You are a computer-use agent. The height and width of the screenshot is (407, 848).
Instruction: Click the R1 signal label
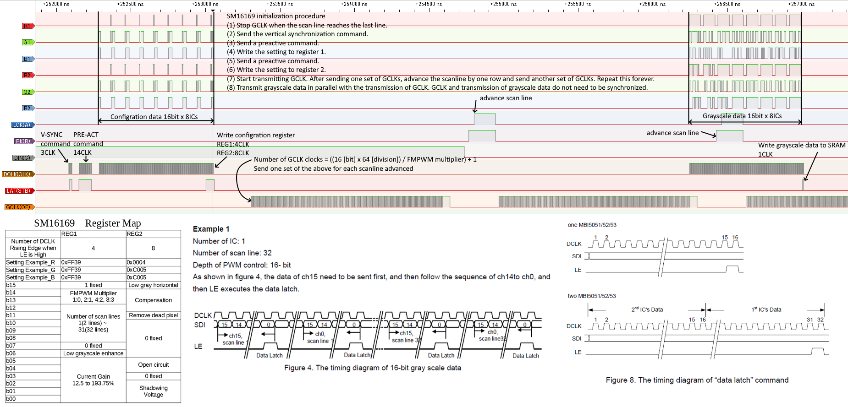[28, 26]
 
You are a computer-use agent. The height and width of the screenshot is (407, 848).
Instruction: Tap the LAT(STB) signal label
[19, 191]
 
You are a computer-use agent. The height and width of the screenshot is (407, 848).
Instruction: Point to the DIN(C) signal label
[22, 158]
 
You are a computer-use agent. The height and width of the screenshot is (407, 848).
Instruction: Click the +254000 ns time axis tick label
[354, 4]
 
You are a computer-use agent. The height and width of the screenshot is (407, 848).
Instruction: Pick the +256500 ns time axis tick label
[727, 4]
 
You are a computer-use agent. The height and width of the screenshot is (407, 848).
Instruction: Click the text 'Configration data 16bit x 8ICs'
[154, 117]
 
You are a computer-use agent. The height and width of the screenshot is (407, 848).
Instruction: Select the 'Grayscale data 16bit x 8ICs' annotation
[742, 116]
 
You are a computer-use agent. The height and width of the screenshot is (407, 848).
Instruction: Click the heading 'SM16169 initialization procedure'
[276, 16]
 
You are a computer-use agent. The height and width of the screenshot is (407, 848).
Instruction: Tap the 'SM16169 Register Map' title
[88, 223]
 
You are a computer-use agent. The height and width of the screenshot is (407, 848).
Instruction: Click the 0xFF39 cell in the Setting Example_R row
[71, 262]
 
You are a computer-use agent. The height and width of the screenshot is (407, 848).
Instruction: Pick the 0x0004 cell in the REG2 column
[136, 262]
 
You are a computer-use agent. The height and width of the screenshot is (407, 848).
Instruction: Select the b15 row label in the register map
[11, 285]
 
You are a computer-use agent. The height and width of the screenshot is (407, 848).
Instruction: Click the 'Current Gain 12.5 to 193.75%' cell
[94, 380]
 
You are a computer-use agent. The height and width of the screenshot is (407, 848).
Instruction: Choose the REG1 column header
[69, 233]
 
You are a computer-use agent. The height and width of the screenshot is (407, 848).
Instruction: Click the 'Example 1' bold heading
[211, 229]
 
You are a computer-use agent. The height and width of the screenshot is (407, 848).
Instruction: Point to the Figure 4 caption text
[372, 368]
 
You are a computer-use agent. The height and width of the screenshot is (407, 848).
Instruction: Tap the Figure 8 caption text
[697, 380]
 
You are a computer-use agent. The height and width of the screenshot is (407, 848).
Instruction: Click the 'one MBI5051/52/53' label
[592, 225]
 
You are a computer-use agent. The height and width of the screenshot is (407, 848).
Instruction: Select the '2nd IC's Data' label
[647, 309]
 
